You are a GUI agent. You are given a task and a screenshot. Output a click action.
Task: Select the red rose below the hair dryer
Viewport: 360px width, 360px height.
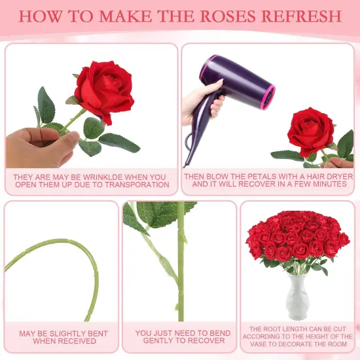click(311, 131)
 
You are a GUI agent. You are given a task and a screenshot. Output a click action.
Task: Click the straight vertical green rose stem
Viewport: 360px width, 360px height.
click(181, 262)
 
